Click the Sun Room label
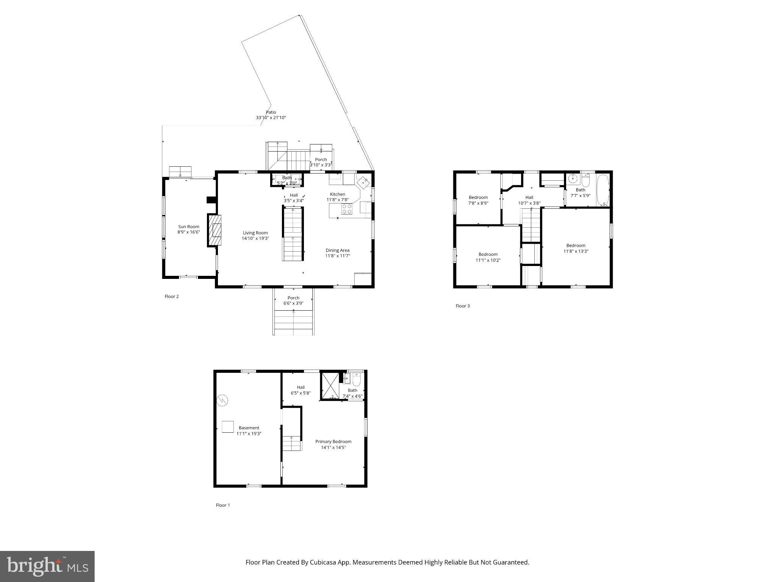[x=188, y=227]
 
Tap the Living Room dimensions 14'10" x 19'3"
[x=255, y=239]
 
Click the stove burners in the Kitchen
[x=347, y=209]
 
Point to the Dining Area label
[x=338, y=250]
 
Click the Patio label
[x=271, y=112]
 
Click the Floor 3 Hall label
[x=529, y=197]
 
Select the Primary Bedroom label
[x=333, y=441]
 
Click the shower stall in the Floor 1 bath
[x=330, y=386]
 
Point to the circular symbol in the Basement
[x=223, y=400]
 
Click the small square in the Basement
[x=227, y=427]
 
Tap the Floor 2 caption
[x=171, y=296]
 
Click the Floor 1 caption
[x=223, y=505]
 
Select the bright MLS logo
[x=47, y=566]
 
